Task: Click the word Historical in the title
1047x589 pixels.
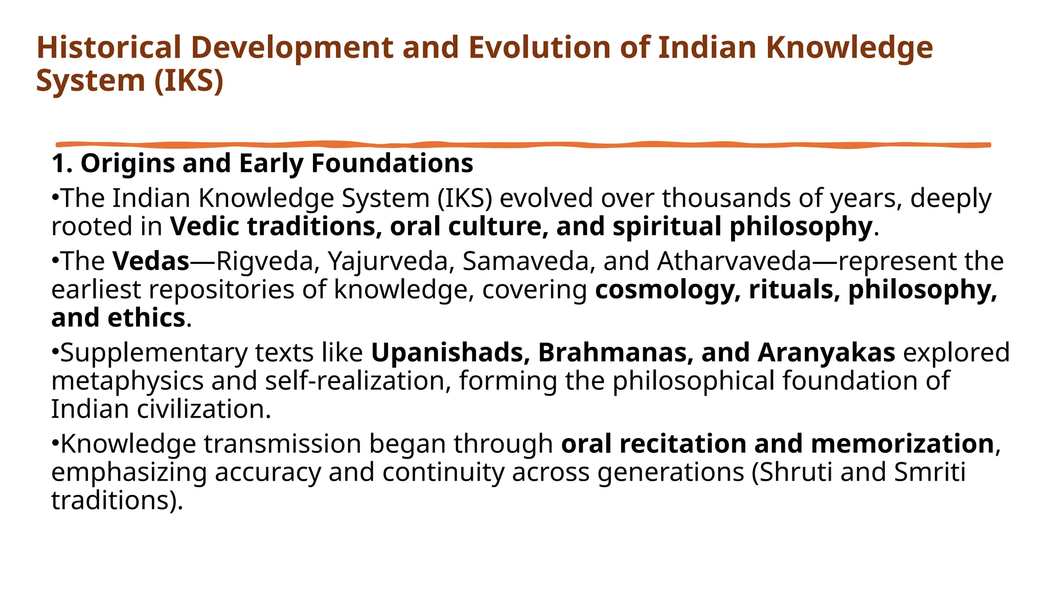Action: pos(109,48)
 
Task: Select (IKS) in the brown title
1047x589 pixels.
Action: pos(189,81)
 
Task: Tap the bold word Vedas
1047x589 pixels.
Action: pos(151,261)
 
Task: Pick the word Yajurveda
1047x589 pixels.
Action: pos(391,261)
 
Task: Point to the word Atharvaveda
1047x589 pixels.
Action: pos(734,261)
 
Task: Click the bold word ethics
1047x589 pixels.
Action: pos(146,318)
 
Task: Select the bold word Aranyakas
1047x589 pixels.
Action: pos(826,353)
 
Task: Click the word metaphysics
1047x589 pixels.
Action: pos(127,381)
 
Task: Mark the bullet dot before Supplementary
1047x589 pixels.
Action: pos(55,353)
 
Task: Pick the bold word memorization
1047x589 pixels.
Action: pos(902,444)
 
